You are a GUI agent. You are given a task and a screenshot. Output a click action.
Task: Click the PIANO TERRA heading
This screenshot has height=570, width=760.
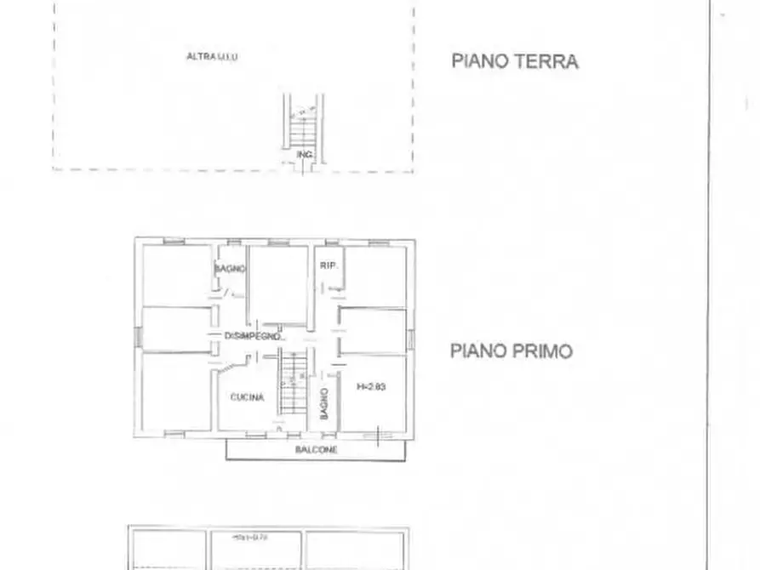point(514,61)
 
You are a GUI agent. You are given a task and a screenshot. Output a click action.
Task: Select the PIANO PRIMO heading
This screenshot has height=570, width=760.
point(511,351)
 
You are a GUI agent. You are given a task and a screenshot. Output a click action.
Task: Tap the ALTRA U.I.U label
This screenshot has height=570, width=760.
point(212,57)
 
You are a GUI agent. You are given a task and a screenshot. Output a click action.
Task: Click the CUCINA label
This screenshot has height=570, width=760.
point(247,397)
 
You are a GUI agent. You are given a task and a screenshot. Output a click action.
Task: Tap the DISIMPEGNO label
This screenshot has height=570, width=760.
point(253,336)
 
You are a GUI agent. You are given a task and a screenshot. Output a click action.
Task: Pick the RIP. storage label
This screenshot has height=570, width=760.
point(329,266)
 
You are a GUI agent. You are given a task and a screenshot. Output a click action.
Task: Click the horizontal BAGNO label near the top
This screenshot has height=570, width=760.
point(230,268)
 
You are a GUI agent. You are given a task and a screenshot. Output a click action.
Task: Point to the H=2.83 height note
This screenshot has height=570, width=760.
point(371,387)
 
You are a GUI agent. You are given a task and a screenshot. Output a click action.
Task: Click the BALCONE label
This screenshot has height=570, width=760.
point(316,449)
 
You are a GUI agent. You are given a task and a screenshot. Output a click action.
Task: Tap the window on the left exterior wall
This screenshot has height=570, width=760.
point(138,337)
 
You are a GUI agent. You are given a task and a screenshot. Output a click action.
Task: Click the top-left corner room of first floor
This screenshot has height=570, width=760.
point(175,275)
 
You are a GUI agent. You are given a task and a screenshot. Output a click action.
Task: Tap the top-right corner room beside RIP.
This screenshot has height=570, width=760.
point(375,274)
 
